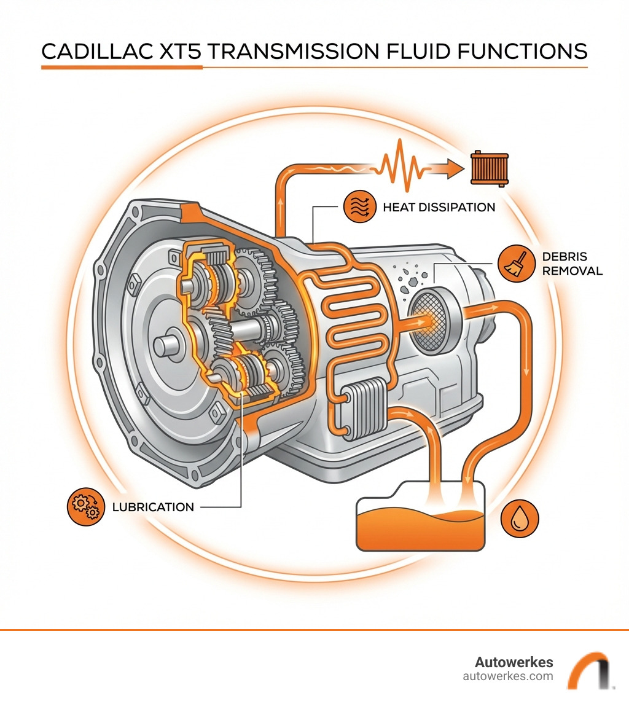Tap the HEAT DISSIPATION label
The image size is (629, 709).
439,207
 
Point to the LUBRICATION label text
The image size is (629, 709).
153,507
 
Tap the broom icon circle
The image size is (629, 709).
514,263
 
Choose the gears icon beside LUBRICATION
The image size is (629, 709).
83,506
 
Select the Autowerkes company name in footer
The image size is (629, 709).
514,662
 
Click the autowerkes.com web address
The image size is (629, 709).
507,676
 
